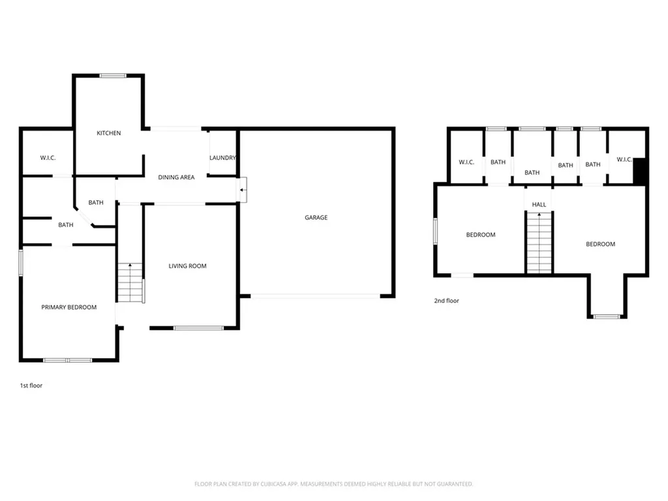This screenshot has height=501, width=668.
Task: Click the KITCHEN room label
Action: pyautogui.click(x=108, y=133)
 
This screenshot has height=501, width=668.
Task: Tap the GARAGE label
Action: pyautogui.click(x=316, y=217)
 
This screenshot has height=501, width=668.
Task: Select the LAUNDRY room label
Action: pyautogui.click(x=222, y=158)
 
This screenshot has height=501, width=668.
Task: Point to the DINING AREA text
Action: pyautogui.click(x=176, y=177)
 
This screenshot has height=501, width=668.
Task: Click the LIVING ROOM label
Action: pyautogui.click(x=187, y=266)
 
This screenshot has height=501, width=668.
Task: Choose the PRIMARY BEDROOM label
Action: pyautogui.click(x=69, y=307)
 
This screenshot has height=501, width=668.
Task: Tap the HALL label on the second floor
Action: pyautogui.click(x=539, y=204)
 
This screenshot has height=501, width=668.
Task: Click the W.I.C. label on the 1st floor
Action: pyautogui.click(x=48, y=158)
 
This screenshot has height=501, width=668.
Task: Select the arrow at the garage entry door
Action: pyautogui.click(x=242, y=190)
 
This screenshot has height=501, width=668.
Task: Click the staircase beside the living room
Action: pyautogui.click(x=130, y=282)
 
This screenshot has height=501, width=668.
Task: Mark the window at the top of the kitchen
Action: pyautogui.click(x=113, y=76)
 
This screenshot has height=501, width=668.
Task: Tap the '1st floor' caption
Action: pyautogui.click(x=31, y=386)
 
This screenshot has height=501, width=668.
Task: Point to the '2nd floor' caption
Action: pyautogui.click(x=446, y=301)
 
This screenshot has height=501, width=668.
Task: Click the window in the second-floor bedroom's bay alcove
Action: pyautogui.click(x=607, y=317)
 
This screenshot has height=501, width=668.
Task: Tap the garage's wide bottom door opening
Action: pyautogui.click(x=316, y=296)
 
